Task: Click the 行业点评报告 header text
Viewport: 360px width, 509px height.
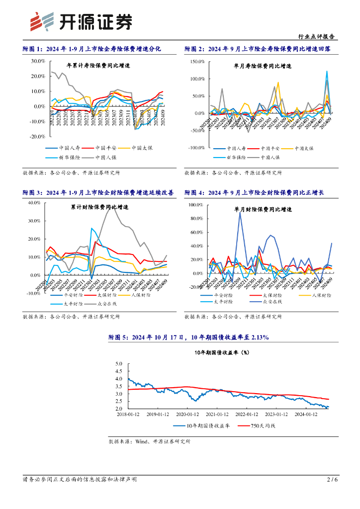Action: pos(316,36)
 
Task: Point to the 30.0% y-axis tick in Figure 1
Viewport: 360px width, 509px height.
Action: pos(38,61)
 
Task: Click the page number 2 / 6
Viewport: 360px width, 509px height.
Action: pos(332,479)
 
